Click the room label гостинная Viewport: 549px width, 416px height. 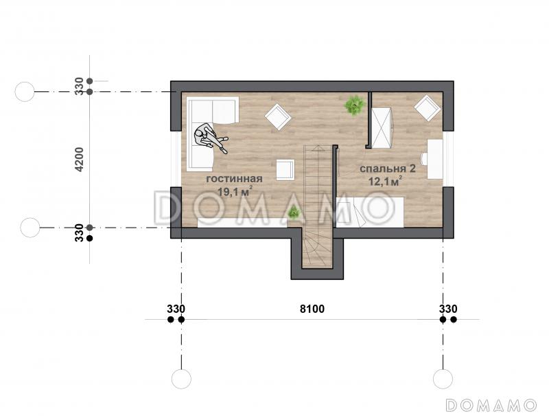coord(234,179)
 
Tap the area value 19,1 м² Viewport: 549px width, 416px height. coord(235,191)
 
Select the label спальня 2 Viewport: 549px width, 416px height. coord(388,168)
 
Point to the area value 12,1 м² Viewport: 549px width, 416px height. coord(384,182)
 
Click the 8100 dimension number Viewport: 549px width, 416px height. coord(312,309)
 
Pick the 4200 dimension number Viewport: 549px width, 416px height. coord(80,160)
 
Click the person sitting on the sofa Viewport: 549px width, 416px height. coord(210,138)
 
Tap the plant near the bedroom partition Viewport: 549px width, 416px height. coord(355,105)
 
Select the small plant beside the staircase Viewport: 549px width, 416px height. coord(294,212)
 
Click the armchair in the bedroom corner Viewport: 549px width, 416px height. coord(428,108)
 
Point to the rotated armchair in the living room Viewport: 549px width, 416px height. coord(279,117)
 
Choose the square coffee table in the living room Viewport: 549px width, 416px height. coord(285,170)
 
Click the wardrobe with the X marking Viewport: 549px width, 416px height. coord(382,128)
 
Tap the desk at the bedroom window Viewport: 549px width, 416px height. coord(435,160)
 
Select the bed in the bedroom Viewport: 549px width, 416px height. coord(370,212)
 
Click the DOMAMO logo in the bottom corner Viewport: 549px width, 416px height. coord(491,405)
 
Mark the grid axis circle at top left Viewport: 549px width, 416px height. coord(25,92)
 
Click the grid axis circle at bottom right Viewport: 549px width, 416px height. coord(443,379)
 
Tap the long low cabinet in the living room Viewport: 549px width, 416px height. coord(242,222)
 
